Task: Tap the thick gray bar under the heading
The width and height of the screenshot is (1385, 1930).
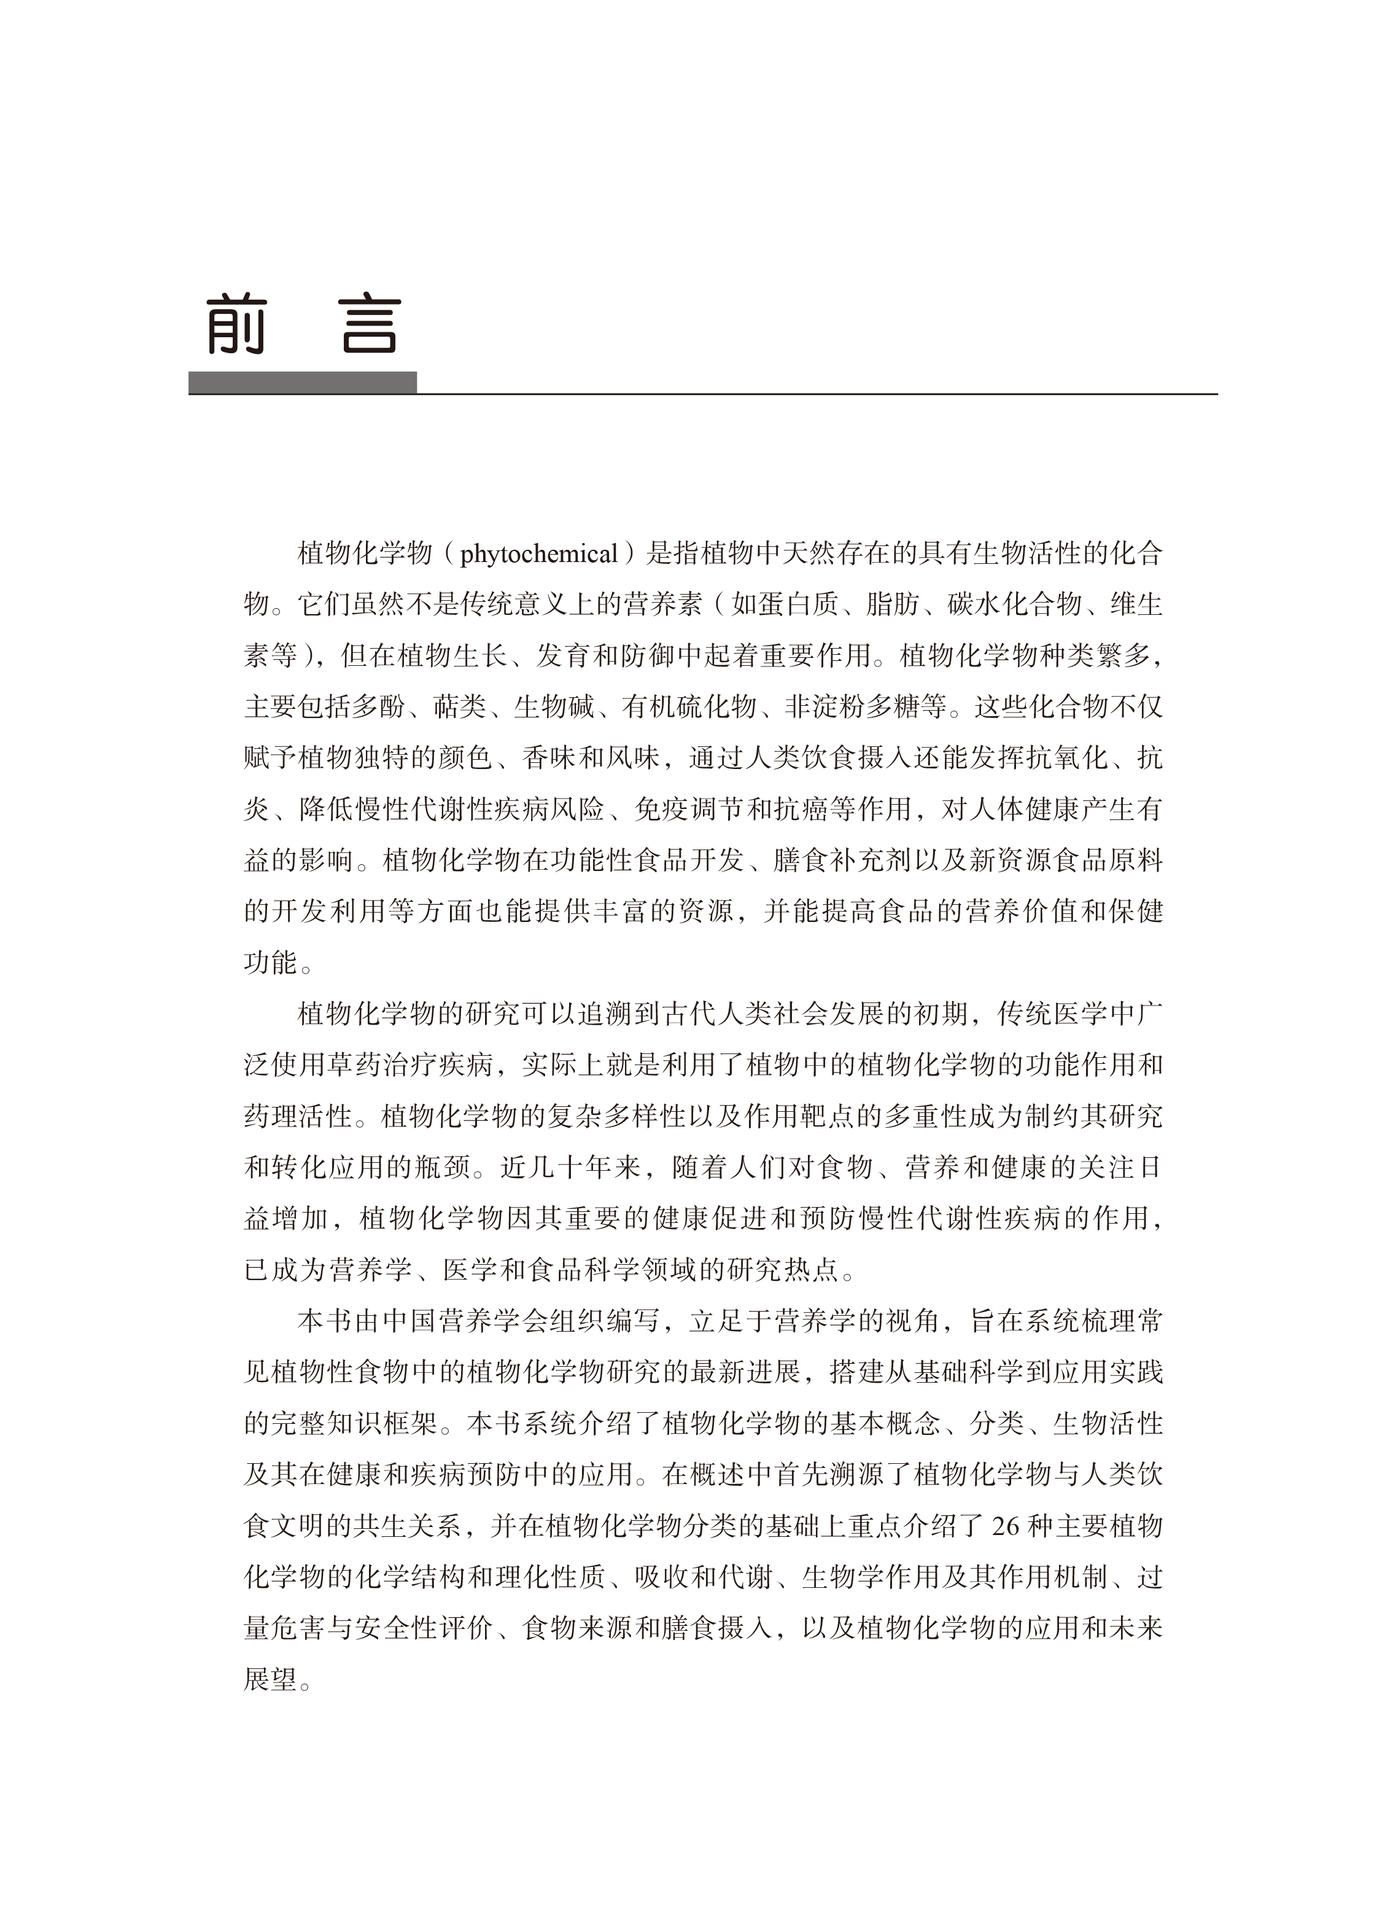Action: tap(302, 383)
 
